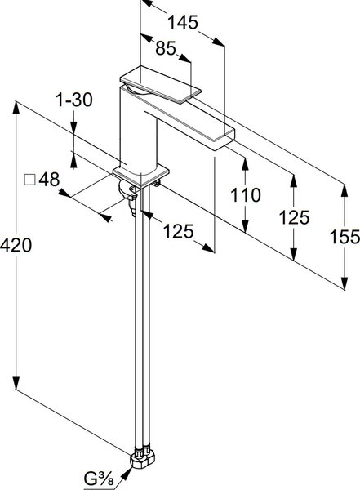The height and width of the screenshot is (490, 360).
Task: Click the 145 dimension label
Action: point(183,22)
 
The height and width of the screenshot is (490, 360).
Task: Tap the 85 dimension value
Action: point(166,48)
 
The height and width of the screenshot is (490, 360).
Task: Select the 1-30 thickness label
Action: point(74,100)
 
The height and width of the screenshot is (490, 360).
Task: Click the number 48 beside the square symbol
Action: point(49,180)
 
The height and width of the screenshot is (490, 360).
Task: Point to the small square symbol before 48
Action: point(29,180)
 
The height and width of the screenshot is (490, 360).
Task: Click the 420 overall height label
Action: point(16,245)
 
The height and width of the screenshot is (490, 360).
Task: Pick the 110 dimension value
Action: point(246,194)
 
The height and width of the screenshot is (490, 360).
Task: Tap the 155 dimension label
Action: point(344,237)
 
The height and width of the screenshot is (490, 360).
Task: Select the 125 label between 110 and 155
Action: point(294,217)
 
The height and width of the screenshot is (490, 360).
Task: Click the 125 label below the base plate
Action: point(178,232)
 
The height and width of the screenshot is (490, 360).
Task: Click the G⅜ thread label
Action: point(99,479)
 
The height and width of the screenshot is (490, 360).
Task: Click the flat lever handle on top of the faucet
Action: point(160,84)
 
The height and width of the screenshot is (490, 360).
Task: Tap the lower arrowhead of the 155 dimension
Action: point(344,283)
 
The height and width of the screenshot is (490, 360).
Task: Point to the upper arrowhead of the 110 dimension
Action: point(246,164)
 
